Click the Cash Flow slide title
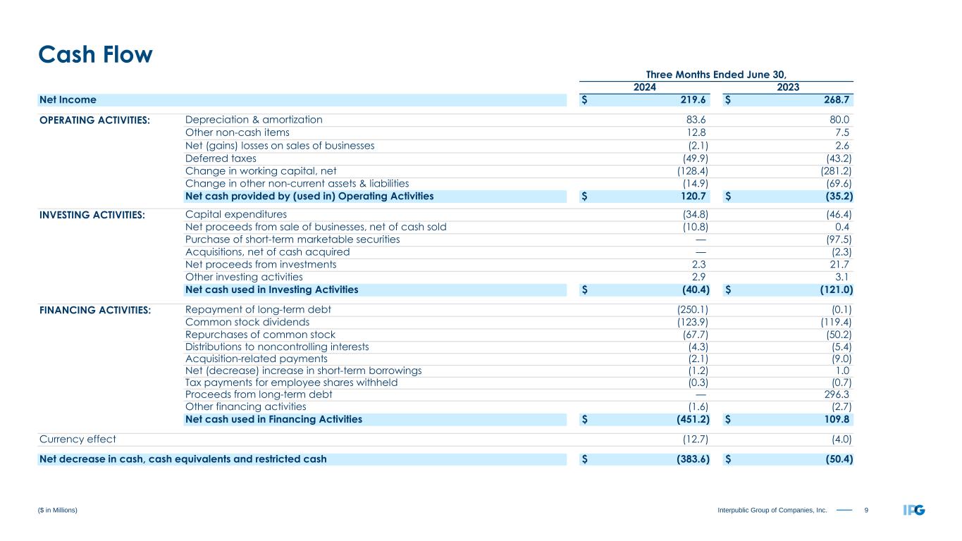[x=95, y=54]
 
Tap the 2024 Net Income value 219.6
[x=691, y=100]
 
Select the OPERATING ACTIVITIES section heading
[x=94, y=120]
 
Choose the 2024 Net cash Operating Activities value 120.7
[x=691, y=197]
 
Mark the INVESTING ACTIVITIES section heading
[x=92, y=215]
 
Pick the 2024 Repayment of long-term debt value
[x=688, y=309]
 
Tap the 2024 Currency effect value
[x=691, y=439]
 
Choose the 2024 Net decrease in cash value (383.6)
[x=688, y=459]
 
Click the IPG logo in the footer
[x=914, y=510]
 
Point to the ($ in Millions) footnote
[x=58, y=510]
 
